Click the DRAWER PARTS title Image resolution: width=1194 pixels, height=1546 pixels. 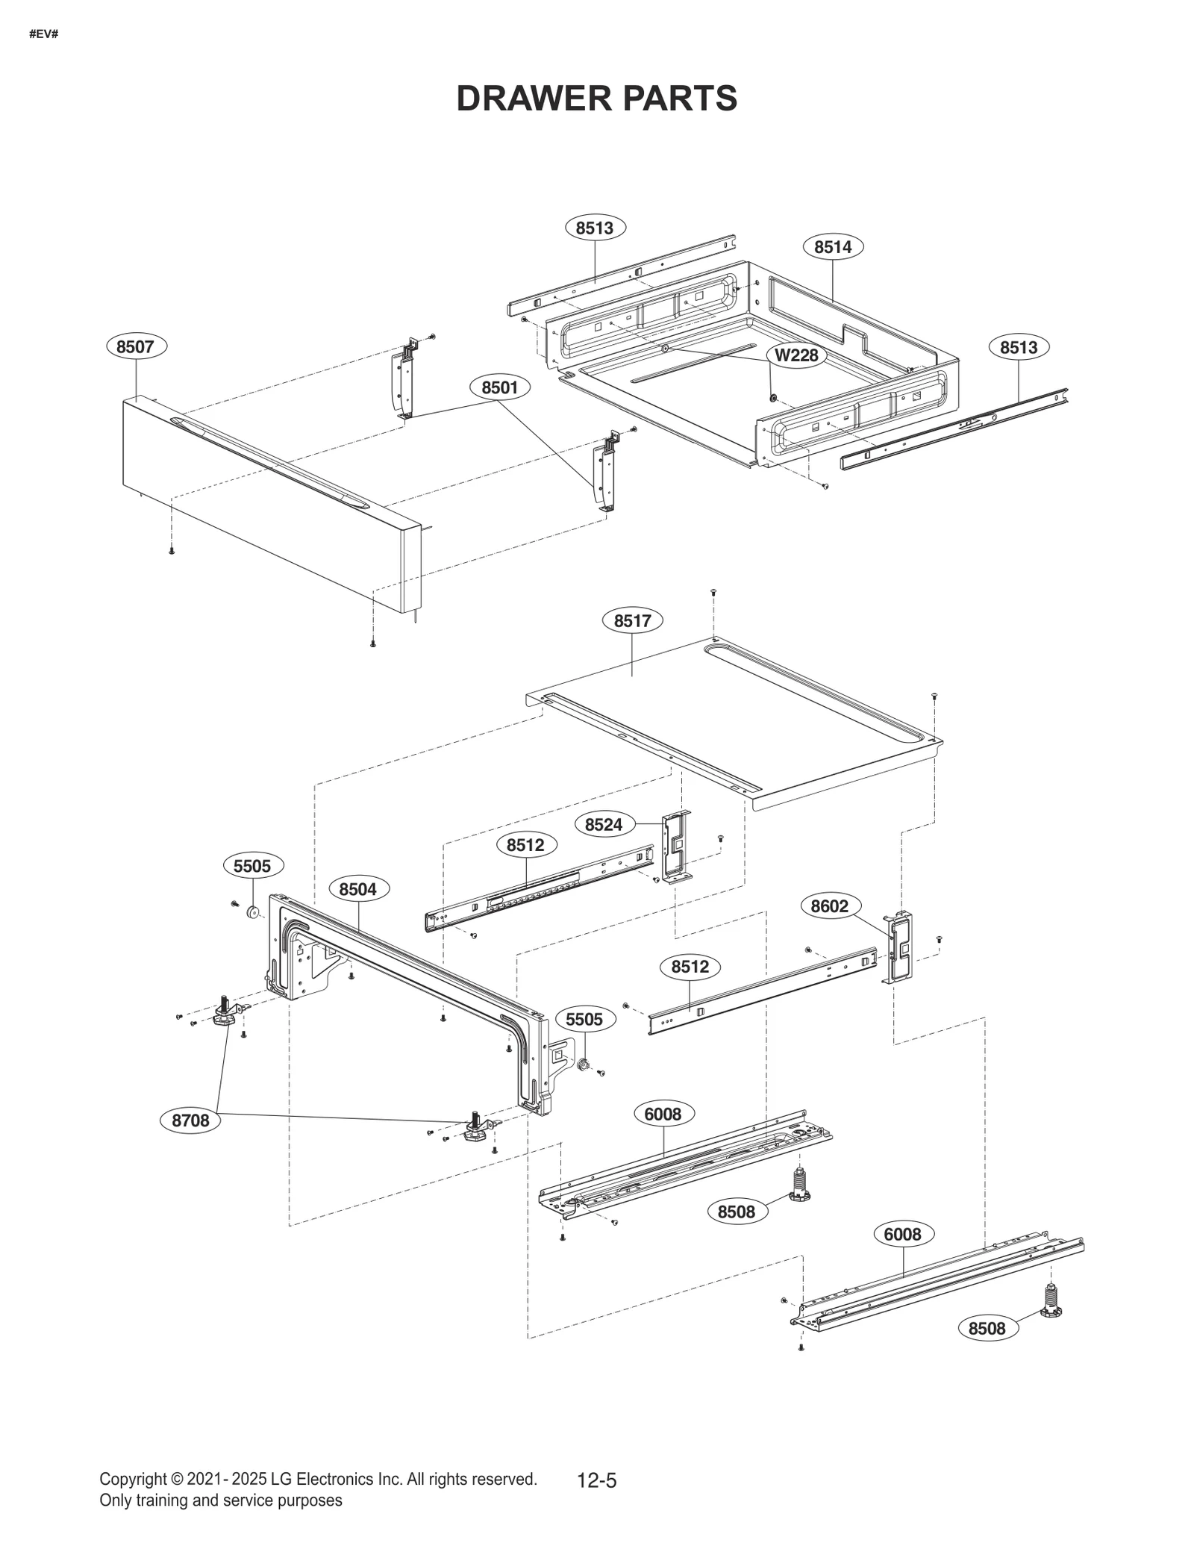596,99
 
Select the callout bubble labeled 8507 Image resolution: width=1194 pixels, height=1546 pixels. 135,346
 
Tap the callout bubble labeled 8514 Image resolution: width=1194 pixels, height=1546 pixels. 832,247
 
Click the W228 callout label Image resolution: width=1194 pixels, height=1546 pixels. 796,355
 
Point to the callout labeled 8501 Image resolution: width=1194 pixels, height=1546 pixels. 499,387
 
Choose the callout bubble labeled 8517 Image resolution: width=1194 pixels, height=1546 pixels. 632,620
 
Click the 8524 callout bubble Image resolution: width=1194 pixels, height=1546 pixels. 603,825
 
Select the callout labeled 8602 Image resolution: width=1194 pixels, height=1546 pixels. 829,906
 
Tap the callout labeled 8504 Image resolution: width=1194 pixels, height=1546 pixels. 357,889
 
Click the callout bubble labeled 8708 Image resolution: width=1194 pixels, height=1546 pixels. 190,1141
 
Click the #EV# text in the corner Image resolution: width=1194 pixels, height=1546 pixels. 43,34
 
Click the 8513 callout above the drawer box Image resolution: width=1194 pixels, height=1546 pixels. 594,228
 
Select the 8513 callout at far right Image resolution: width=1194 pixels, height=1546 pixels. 1019,347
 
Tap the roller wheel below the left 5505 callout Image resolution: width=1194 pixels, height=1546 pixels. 252,911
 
